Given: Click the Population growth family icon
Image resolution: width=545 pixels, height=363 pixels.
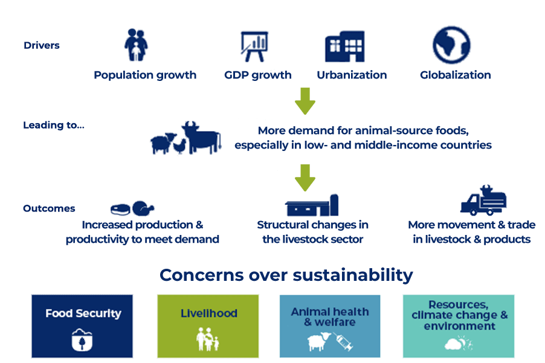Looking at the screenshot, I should (137, 45).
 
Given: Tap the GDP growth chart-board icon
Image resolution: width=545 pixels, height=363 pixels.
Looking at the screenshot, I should (254, 46).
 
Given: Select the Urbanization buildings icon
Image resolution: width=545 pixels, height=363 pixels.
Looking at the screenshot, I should (344, 47).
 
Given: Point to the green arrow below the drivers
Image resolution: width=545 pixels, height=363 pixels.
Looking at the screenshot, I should (305, 101).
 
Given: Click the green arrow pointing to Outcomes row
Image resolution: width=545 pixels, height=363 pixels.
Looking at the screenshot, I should (305, 178).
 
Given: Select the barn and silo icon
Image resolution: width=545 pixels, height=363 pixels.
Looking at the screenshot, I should (312, 205).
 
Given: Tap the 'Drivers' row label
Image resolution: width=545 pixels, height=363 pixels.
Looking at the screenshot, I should (42, 45).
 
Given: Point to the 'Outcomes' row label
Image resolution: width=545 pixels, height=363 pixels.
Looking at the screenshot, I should (49, 208).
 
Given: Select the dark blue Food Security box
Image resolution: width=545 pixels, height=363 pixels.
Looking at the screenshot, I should (82, 326).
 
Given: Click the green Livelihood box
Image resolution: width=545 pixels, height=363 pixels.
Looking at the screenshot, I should (208, 326).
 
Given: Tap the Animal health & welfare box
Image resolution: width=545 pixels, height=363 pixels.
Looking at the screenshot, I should (330, 326).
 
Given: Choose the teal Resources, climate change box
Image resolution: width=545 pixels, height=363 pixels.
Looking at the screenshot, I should (459, 326).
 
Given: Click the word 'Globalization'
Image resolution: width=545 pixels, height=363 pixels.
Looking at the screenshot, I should (455, 75).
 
